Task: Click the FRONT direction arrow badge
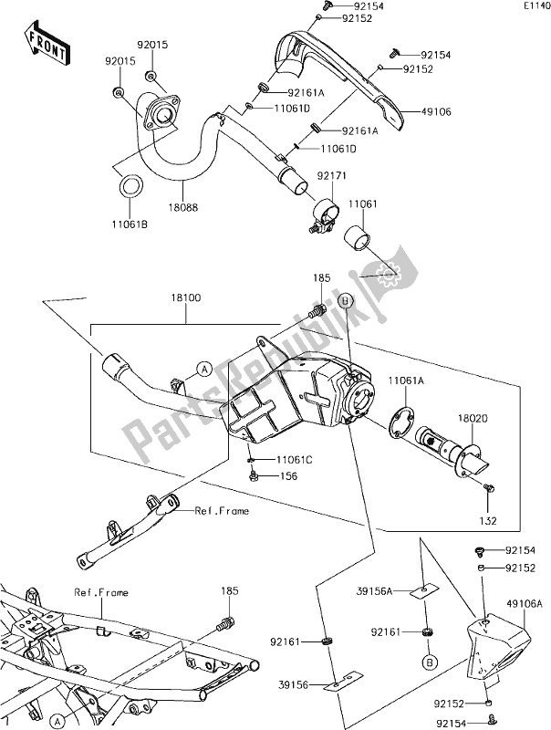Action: coord(45,45)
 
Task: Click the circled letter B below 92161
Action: coord(427,660)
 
